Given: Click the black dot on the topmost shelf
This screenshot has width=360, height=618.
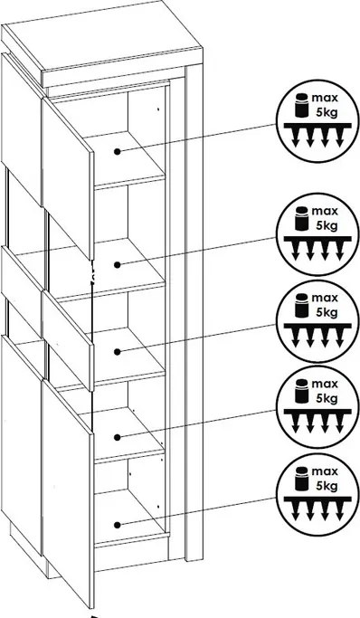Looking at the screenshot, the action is (x=117, y=151).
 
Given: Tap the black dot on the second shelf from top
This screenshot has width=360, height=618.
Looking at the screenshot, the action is (x=117, y=265).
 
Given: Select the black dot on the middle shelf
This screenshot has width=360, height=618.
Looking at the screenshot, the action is (x=117, y=352).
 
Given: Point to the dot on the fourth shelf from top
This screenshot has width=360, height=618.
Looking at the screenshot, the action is (x=117, y=437).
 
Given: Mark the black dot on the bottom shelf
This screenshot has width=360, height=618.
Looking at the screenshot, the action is (x=117, y=525).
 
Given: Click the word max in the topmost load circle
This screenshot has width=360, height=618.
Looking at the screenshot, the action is (x=325, y=98).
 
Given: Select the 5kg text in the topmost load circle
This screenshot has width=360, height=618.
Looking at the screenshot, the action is (x=327, y=112).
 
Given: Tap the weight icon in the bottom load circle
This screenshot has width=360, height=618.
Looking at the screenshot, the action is (x=301, y=478).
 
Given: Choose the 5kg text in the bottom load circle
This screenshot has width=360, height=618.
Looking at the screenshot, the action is (x=327, y=486).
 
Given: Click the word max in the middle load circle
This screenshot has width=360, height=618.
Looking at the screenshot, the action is (x=325, y=298).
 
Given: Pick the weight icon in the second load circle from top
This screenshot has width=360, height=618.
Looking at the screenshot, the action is (x=301, y=217).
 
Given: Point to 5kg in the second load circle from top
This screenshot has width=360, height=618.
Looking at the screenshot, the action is (x=327, y=226).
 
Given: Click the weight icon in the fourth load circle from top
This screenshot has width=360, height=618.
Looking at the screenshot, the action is (x=301, y=391).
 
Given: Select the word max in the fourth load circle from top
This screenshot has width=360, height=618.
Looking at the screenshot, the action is (x=325, y=384).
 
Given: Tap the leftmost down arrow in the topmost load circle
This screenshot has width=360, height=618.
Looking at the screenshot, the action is (x=296, y=138).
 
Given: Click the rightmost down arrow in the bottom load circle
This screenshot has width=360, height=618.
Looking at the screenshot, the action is (x=338, y=511).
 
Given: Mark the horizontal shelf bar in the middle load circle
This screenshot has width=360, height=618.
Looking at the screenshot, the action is (x=317, y=325).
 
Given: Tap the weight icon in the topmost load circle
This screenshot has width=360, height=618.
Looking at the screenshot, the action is (x=301, y=104).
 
